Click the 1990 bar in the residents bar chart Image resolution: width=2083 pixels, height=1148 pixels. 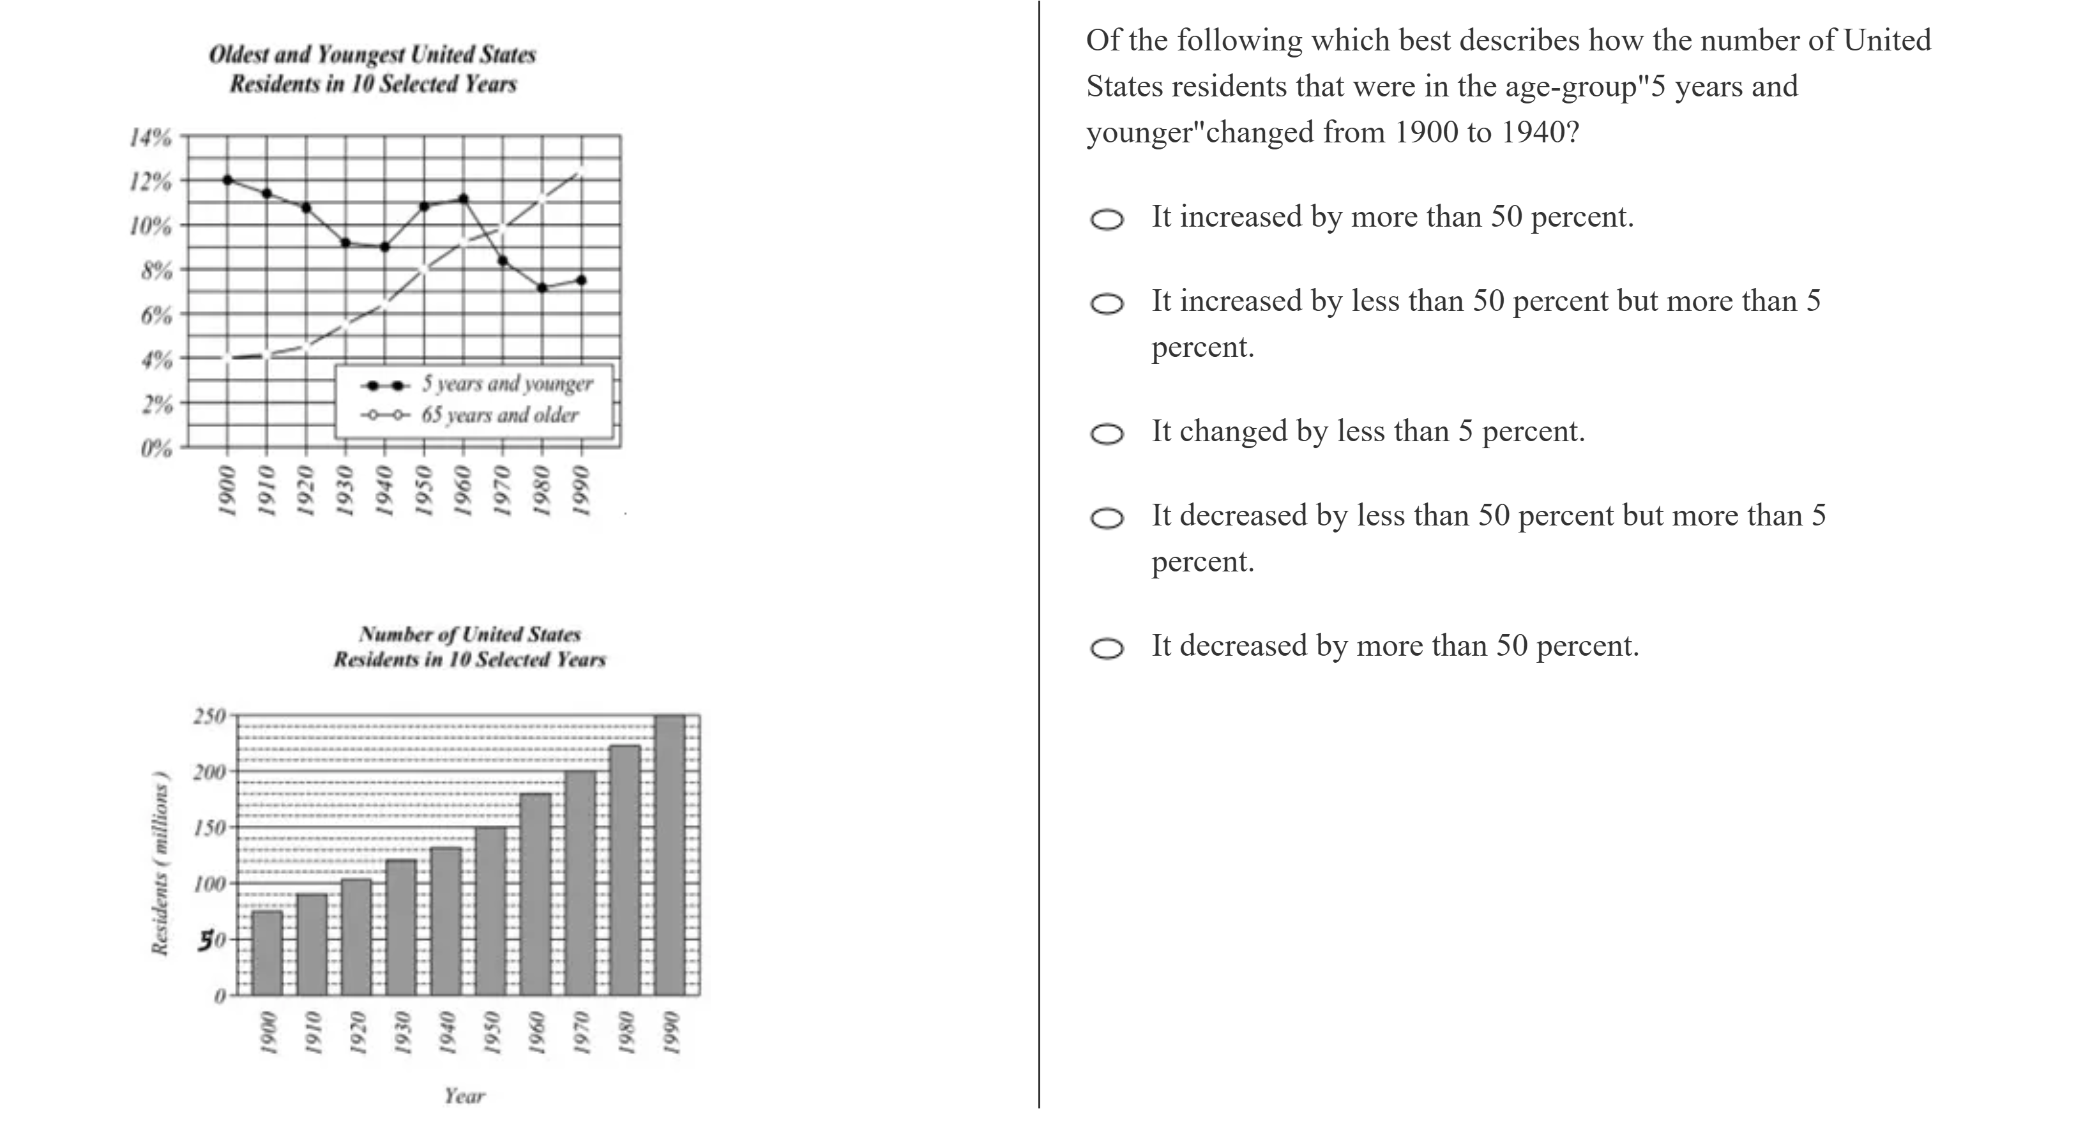[x=669, y=856]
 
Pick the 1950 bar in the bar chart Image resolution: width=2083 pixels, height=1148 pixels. [x=490, y=910]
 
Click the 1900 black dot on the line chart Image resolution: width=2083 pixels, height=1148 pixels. [x=227, y=179]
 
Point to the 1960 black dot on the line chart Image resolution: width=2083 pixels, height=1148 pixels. [x=464, y=198]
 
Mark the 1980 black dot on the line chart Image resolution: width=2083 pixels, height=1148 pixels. [x=542, y=288]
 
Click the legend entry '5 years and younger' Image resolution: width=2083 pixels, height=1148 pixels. [x=506, y=384]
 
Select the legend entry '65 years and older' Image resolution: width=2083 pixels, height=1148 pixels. [x=499, y=416]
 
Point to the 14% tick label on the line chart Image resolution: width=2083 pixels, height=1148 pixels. [x=151, y=137]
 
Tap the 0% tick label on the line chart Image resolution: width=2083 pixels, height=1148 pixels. [x=156, y=447]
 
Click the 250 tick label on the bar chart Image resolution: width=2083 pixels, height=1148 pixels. [x=209, y=716]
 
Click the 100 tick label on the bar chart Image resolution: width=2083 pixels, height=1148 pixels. [x=209, y=883]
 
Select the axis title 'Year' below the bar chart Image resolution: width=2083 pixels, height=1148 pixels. [x=464, y=1096]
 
